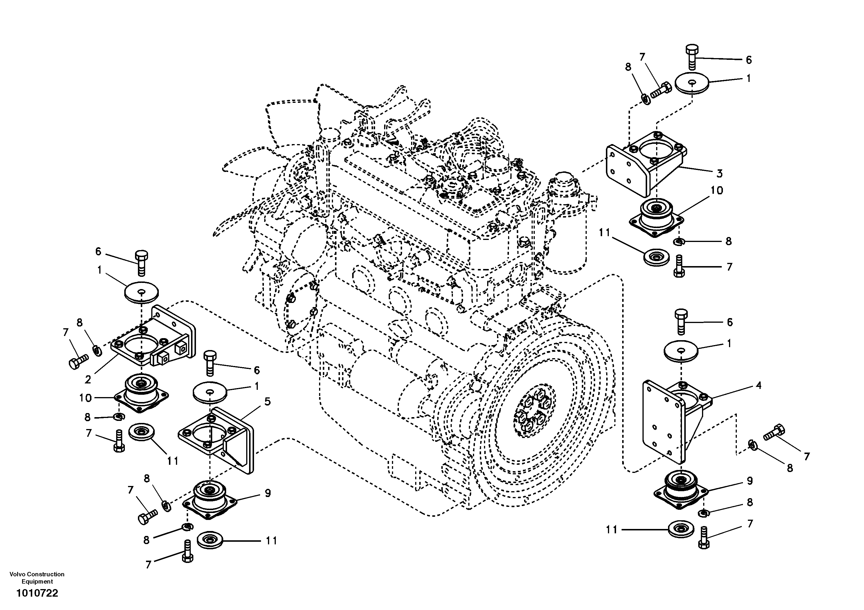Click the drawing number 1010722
37,593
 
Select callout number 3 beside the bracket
719,174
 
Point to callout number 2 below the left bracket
88,380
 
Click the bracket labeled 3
643,166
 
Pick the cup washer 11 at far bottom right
681,530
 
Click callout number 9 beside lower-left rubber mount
268,493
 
